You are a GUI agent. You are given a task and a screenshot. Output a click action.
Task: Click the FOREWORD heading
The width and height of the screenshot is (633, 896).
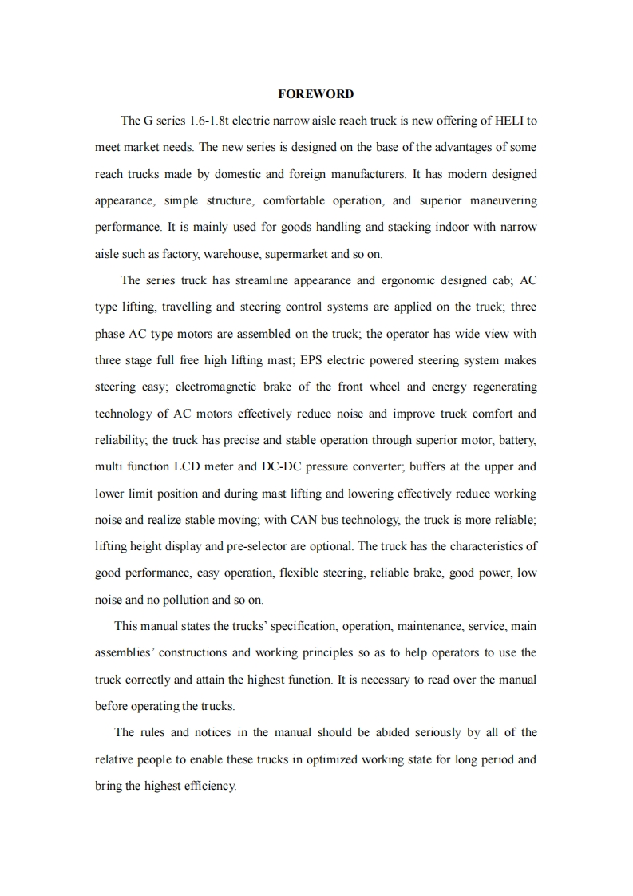(315, 94)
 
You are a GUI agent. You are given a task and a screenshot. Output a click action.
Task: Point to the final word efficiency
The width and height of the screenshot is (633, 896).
(209, 787)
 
